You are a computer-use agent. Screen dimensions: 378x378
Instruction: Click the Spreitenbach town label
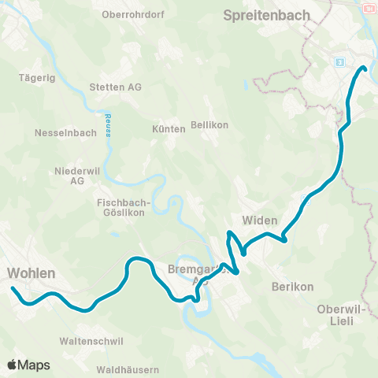point(269,14)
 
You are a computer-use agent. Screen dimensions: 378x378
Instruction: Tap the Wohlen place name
point(31,273)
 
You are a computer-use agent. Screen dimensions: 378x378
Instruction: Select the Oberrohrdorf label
point(132,14)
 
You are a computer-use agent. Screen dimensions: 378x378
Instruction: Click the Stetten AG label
point(117,87)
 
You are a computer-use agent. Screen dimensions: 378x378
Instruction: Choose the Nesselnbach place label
point(65,133)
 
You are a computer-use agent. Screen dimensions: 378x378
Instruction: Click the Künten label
point(169,128)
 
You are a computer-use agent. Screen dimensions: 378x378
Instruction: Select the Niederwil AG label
point(76,176)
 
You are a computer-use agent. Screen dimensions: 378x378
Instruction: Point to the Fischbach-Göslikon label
point(120,207)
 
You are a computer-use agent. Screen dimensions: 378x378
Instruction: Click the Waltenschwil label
point(89,341)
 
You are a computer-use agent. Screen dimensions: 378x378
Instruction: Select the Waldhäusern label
point(128,369)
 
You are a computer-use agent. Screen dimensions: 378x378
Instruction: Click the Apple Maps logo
point(28,365)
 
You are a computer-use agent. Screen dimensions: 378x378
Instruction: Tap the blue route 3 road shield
point(339,61)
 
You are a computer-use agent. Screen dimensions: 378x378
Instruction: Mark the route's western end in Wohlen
point(13,289)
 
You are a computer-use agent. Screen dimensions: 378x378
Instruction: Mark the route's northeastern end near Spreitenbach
point(365,68)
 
